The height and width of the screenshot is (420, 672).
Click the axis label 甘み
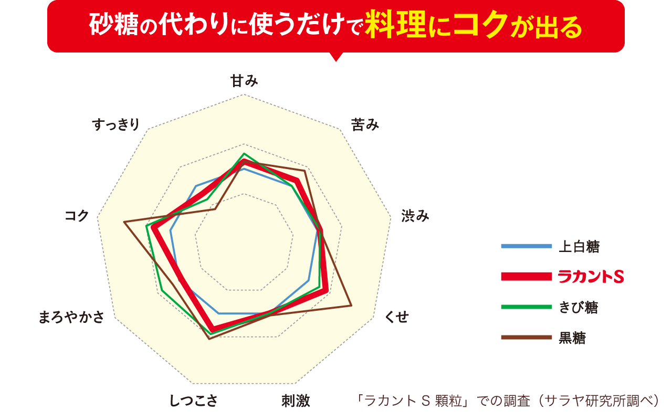click(x=244, y=81)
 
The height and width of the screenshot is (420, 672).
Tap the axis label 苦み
click(x=365, y=124)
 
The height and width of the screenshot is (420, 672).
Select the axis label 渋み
click(x=415, y=216)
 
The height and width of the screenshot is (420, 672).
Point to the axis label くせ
click(x=396, y=317)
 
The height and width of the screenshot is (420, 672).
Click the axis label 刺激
click(x=296, y=402)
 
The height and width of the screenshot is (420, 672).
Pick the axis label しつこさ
click(x=193, y=402)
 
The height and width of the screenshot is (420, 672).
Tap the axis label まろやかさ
click(x=72, y=318)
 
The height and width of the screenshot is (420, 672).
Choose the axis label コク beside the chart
click(x=77, y=216)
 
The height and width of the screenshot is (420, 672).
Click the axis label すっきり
click(x=116, y=124)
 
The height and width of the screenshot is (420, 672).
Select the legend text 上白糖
click(x=579, y=246)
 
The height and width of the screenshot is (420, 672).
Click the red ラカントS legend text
click(x=591, y=277)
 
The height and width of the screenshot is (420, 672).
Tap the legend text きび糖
click(x=578, y=307)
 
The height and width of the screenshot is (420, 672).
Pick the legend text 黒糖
click(x=572, y=338)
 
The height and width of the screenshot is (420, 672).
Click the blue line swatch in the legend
click(x=526, y=246)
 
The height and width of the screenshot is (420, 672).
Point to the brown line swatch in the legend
click(x=526, y=338)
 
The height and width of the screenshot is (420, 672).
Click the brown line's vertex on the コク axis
click(x=124, y=223)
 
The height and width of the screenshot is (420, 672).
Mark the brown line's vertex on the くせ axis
click(x=351, y=305)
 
